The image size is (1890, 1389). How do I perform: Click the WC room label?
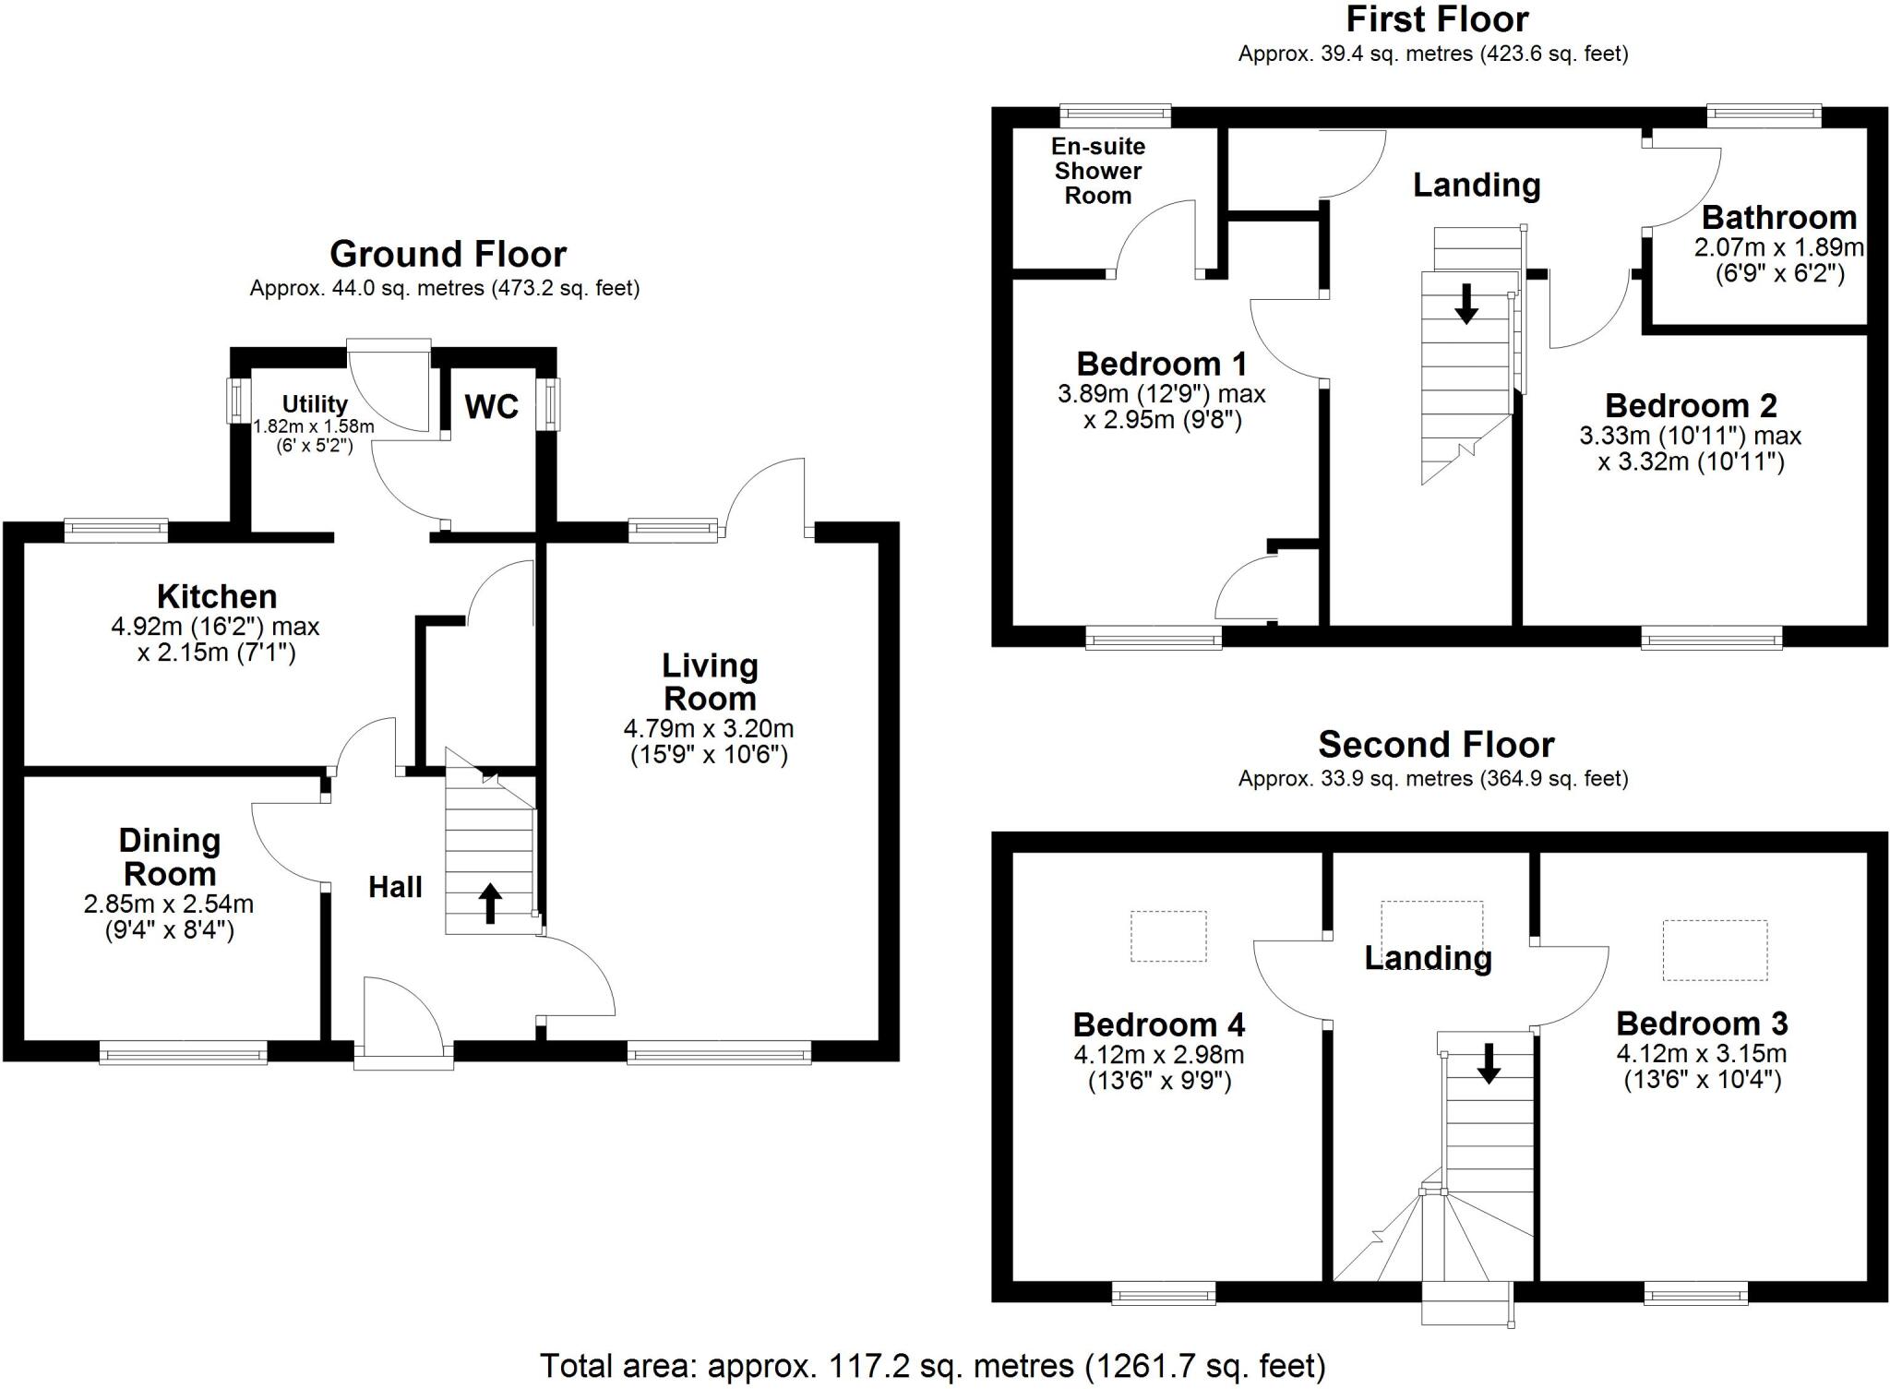491,407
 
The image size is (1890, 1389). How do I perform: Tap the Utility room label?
315,404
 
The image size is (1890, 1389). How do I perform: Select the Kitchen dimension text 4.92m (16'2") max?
215,628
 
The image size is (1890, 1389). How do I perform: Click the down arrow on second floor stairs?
1488,1063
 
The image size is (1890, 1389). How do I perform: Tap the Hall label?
395,888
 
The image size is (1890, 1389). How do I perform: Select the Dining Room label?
170,857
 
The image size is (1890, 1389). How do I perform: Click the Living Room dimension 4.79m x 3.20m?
709,729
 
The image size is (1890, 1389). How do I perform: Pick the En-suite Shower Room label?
1098,171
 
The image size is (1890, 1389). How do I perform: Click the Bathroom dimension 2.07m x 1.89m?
1778,248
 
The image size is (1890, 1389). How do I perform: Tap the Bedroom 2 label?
1691,406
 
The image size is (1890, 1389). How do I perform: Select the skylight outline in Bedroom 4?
1168,937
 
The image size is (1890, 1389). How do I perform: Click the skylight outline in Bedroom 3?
1715,950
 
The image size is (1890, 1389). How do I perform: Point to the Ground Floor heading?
448,254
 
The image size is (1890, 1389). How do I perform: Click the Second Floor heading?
1436,745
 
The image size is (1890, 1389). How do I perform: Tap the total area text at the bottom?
932,1366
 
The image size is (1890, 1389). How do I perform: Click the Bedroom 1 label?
1161,365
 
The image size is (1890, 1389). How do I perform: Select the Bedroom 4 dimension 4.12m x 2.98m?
1158,1055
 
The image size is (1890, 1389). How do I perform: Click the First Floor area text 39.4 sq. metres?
1432,54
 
